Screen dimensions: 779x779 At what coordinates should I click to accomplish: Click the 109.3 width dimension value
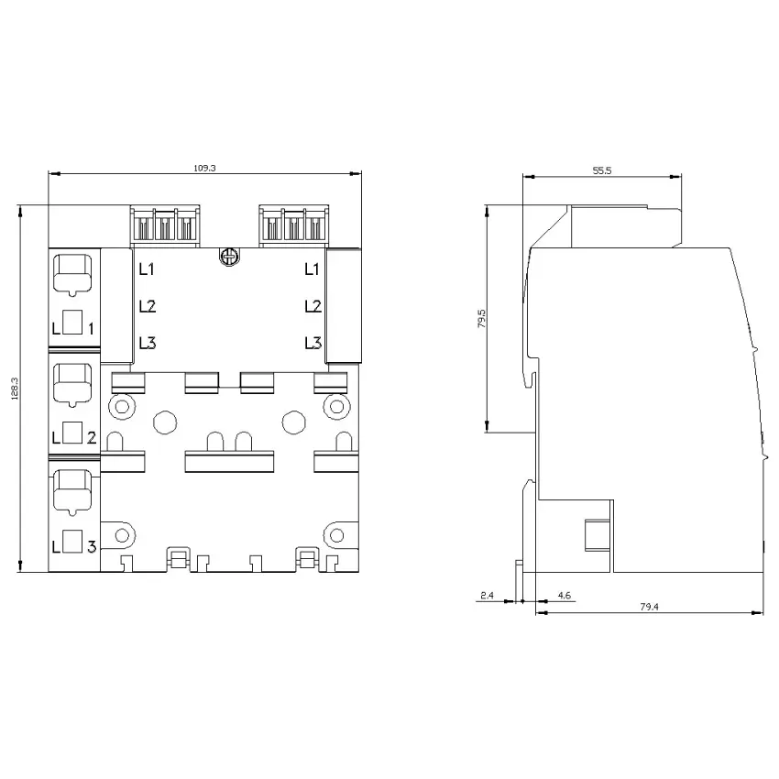(204, 168)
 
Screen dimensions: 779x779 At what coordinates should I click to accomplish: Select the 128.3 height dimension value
(15, 389)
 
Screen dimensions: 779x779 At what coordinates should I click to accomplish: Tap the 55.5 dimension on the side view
(601, 170)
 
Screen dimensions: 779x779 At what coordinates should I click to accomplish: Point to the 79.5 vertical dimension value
(481, 318)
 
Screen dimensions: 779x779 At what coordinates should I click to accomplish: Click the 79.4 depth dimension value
(649, 607)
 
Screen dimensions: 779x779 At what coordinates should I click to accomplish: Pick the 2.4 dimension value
(487, 595)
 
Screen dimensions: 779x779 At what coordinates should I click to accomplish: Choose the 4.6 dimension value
(564, 595)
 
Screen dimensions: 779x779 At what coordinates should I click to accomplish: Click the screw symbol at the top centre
(229, 257)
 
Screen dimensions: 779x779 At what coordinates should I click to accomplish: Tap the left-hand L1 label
(147, 269)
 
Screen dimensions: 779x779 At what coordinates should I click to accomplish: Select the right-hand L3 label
(313, 343)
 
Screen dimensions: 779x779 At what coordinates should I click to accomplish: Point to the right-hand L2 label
(313, 306)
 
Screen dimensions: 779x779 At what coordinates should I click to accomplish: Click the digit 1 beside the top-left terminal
(91, 328)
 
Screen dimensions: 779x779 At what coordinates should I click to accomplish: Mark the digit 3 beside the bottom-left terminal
(92, 547)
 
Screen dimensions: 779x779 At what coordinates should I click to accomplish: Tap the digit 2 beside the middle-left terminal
(92, 438)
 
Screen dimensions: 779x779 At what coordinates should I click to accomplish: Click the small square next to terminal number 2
(72, 433)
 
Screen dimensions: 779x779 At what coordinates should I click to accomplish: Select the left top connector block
(165, 225)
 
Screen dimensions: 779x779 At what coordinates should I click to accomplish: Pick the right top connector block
(293, 225)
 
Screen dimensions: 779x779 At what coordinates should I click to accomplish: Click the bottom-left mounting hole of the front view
(122, 535)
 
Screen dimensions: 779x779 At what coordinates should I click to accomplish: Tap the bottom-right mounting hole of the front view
(337, 535)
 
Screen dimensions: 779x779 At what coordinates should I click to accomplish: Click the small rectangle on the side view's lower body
(598, 535)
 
